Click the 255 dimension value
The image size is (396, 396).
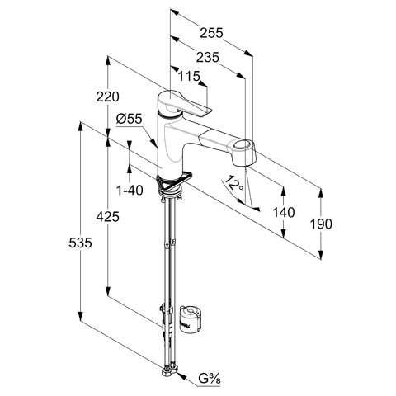(211, 33)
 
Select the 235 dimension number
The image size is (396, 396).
(208, 58)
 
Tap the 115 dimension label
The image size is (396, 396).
(189, 76)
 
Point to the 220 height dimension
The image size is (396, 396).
(108, 97)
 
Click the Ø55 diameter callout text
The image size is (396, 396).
(130, 119)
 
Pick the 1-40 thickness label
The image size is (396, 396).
(130, 190)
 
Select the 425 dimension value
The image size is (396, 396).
(108, 217)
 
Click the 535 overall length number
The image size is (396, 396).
(80, 243)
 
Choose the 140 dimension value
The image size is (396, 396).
(284, 213)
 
